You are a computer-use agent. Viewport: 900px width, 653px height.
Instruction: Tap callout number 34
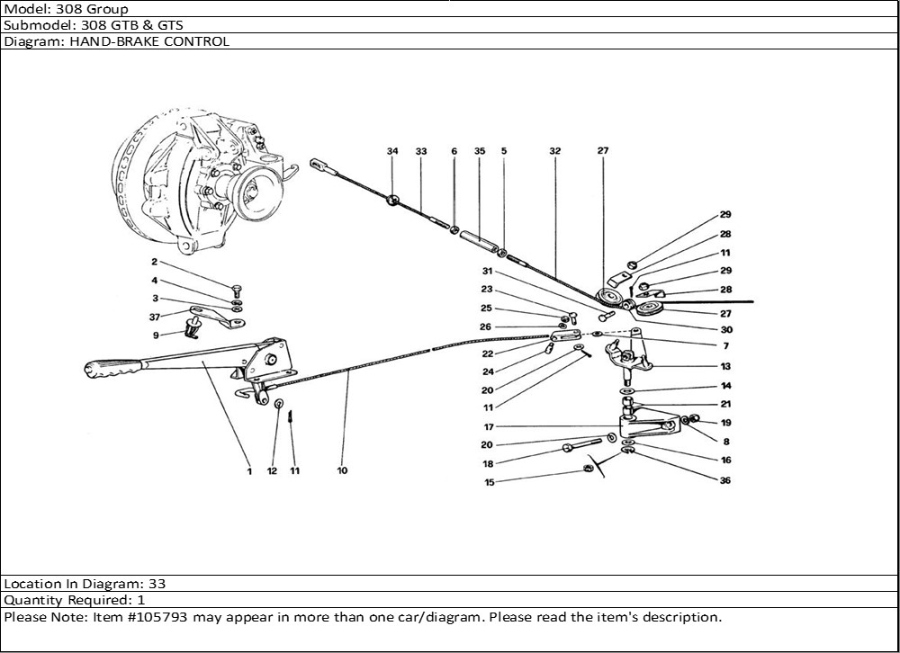392,152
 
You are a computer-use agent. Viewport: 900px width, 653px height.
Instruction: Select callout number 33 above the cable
420,152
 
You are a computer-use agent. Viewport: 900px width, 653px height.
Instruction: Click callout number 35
480,152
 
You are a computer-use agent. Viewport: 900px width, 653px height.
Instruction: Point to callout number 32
554,152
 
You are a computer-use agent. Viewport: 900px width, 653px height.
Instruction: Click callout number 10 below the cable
342,470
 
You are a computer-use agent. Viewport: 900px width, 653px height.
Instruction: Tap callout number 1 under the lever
249,470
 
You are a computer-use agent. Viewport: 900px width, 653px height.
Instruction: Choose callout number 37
154,317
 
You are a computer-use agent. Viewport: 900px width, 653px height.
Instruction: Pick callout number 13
725,367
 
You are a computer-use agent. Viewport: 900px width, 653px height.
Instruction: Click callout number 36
725,480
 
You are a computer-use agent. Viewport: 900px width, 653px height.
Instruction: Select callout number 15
490,483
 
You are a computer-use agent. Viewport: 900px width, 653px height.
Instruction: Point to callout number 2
154,262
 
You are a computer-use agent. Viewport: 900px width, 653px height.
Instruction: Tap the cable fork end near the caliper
321,165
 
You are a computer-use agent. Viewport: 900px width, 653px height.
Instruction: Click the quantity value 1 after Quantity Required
141,600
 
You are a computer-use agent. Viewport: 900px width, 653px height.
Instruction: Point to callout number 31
487,272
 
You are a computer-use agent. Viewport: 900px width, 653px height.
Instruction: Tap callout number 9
155,335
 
